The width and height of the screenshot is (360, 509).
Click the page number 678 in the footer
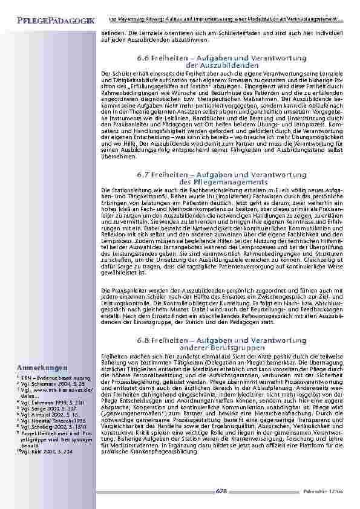(x=221, y=493)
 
